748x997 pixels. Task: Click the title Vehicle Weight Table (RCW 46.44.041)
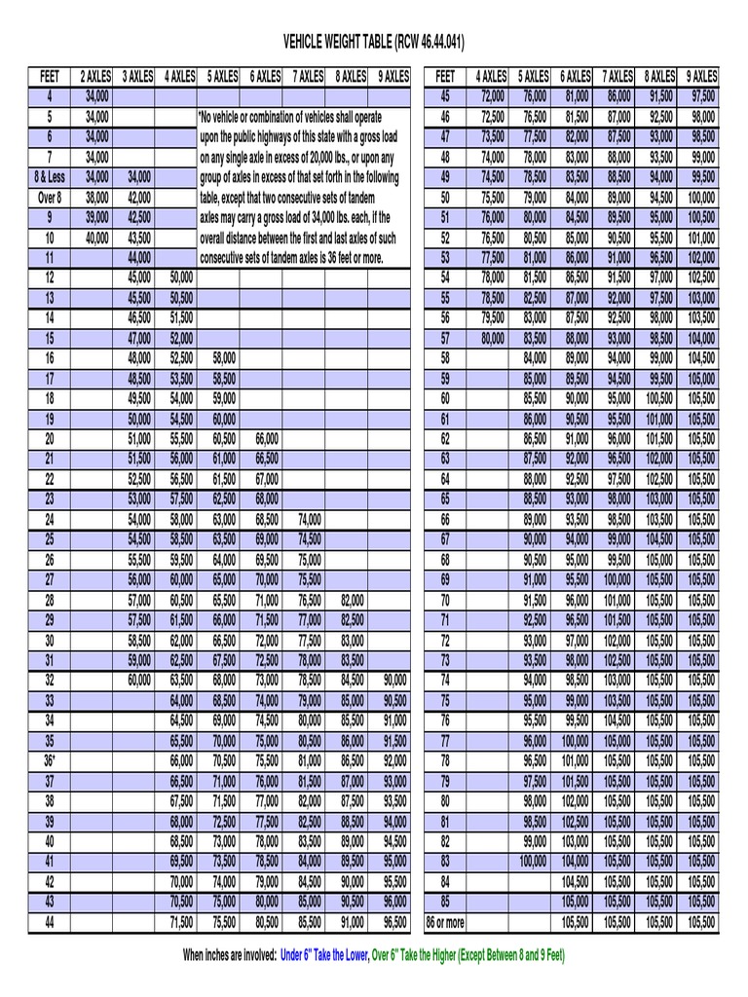coord(373,42)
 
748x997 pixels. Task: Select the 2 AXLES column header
coord(95,76)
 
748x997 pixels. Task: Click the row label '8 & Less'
coord(50,177)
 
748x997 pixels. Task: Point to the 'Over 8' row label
coord(50,197)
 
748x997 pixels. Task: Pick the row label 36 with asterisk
coord(50,760)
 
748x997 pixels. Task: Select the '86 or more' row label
coord(445,921)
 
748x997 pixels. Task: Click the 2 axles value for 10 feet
coord(96,238)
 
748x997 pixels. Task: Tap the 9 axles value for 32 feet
coord(394,680)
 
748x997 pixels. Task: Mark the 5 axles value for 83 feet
coord(534,861)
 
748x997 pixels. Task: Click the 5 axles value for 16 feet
coord(223,358)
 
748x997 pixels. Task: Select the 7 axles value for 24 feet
coord(309,519)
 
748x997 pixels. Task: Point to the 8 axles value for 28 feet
coord(352,600)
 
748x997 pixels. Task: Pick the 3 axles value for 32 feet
coord(138,680)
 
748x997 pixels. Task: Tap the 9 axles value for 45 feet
coord(701,96)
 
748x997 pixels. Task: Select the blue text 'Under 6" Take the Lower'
coord(323,955)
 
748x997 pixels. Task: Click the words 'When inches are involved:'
coord(230,955)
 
